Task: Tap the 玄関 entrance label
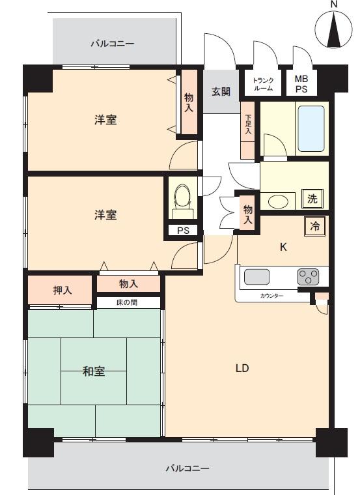click(221, 91)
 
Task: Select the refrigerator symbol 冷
click(314, 227)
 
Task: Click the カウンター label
click(271, 296)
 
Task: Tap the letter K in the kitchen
click(283, 247)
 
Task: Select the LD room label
click(242, 367)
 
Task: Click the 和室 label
click(94, 371)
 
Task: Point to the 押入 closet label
click(62, 290)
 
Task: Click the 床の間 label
click(127, 303)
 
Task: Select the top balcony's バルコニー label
click(112, 44)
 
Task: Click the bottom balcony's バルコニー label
click(187, 468)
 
